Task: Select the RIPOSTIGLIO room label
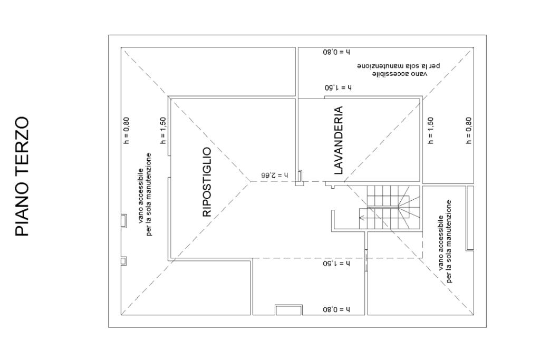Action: (x=207, y=182)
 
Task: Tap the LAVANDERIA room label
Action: (x=339, y=141)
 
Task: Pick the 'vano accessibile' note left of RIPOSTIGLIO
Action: (x=145, y=194)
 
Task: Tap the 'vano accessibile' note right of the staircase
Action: (x=445, y=241)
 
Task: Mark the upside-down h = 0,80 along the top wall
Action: (x=336, y=53)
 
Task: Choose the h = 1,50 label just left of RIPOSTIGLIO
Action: (x=163, y=131)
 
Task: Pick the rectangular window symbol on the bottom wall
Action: (x=288, y=310)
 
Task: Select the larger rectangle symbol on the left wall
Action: (x=123, y=220)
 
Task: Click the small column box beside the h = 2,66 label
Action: (x=299, y=177)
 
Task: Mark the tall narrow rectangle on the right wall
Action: (x=470, y=218)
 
